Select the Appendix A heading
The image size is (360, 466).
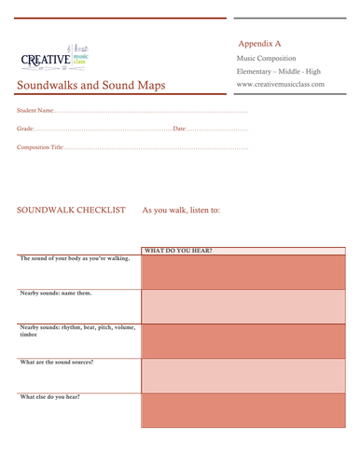[x=259, y=44]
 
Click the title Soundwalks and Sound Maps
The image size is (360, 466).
[x=91, y=87]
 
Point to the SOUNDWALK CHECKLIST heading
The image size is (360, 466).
[x=72, y=211]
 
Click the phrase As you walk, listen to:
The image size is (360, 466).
[x=181, y=211]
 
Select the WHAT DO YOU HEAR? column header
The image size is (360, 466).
[x=178, y=251]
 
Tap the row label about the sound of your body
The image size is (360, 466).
[x=75, y=258]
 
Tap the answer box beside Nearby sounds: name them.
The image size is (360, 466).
[x=242, y=306]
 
